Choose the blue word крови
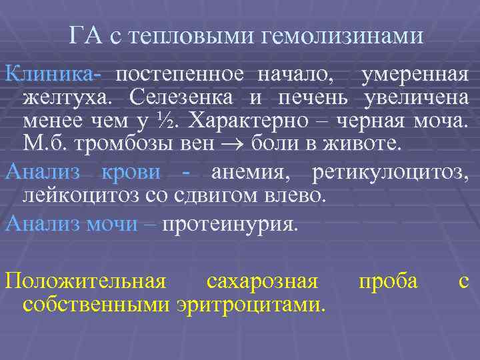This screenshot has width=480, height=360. [131, 172]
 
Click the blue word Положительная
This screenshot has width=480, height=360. [85, 281]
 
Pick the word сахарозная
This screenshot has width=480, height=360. [262, 281]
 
